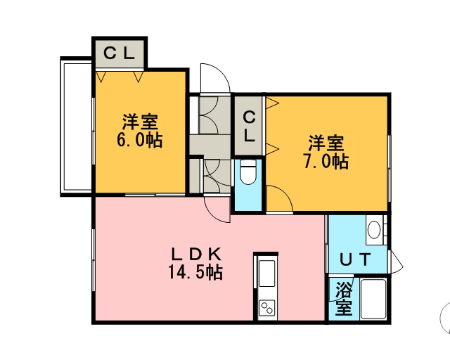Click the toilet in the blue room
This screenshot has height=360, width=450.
[x=248, y=172]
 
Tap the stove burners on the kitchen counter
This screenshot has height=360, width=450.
[x=267, y=308]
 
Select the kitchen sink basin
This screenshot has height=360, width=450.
[x=267, y=273]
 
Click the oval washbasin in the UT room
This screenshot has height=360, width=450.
[x=374, y=230]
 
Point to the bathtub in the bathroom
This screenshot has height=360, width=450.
[x=373, y=299]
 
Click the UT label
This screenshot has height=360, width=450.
[x=356, y=259]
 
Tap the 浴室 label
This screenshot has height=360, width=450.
[x=344, y=298]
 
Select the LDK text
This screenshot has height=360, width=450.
[x=196, y=254]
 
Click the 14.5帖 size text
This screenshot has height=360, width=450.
[x=195, y=272]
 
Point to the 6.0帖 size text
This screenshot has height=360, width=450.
[x=139, y=140]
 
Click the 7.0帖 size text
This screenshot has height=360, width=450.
[x=326, y=161]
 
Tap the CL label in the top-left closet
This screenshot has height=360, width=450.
[x=119, y=53]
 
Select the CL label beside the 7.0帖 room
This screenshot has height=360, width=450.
[x=249, y=127]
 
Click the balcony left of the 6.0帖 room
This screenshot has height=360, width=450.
[x=76, y=127]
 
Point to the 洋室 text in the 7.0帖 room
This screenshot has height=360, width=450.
[x=326, y=143]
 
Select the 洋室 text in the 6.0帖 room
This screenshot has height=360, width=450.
[x=140, y=122]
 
